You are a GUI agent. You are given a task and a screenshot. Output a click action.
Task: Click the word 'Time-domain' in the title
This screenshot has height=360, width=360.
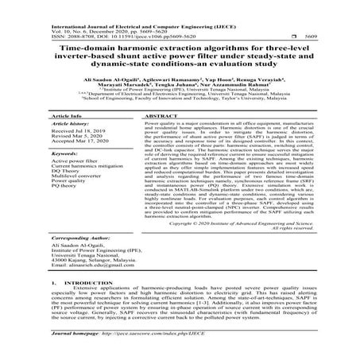(86, 48)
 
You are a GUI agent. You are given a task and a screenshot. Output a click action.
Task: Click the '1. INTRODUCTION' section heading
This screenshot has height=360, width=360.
(79, 304)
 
